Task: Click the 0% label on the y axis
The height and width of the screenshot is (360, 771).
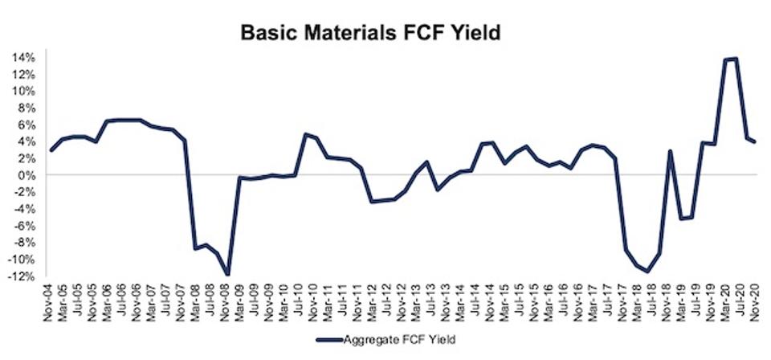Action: [30, 175]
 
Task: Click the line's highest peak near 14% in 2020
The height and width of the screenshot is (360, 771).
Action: [736, 59]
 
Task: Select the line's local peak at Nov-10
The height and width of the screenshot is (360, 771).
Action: [305, 134]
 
